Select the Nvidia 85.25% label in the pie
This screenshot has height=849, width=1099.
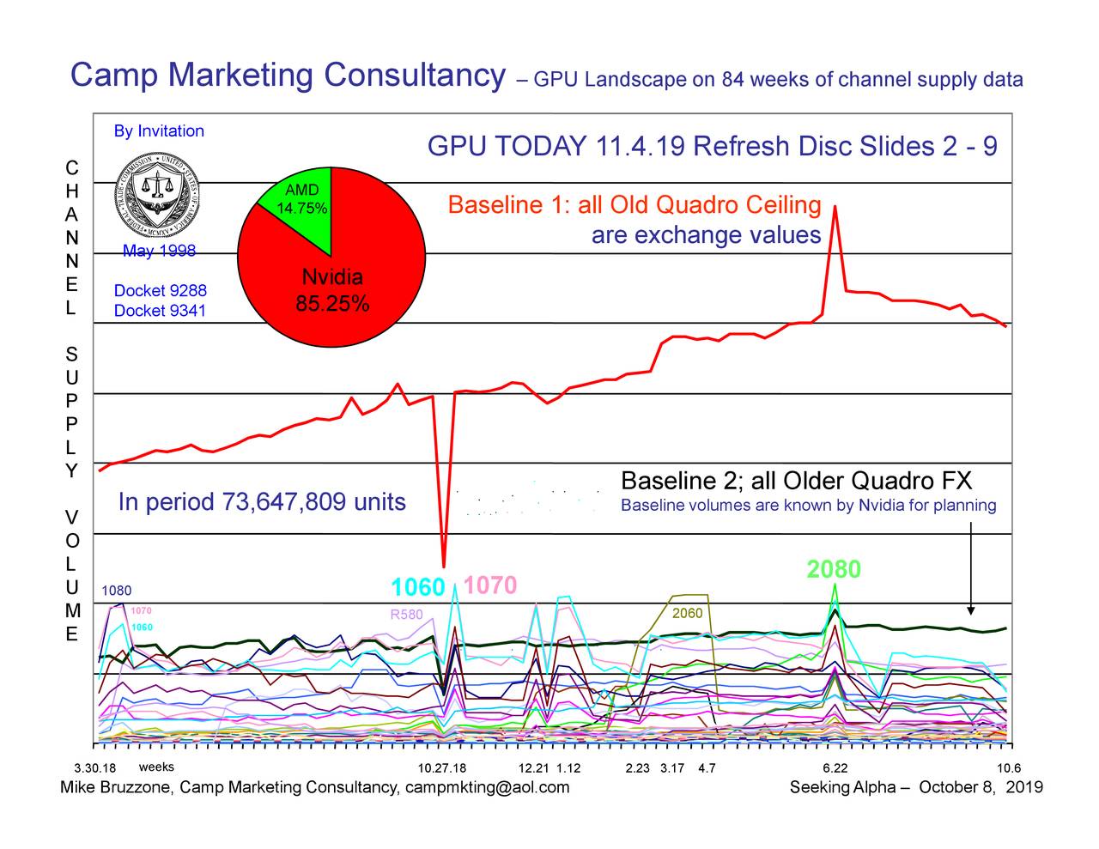pos(332,291)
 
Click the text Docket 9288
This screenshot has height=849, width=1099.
pos(161,291)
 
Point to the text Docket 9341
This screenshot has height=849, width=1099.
pos(161,311)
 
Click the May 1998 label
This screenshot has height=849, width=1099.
pos(159,251)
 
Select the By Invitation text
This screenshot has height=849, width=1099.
pos(159,131)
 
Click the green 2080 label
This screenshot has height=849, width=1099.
pos(833,570)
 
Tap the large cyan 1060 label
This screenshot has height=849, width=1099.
pos(417,588)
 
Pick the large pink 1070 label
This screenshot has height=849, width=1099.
pos(490,585)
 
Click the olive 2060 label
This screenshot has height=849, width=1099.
pos(687,614)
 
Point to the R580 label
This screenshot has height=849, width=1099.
pos(406,615)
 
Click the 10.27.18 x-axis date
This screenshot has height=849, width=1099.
pos(441,768)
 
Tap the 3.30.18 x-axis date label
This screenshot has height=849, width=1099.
pos(95,768)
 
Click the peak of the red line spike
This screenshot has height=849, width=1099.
pos(835,207)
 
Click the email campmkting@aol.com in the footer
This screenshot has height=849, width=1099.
pos(487,788)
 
